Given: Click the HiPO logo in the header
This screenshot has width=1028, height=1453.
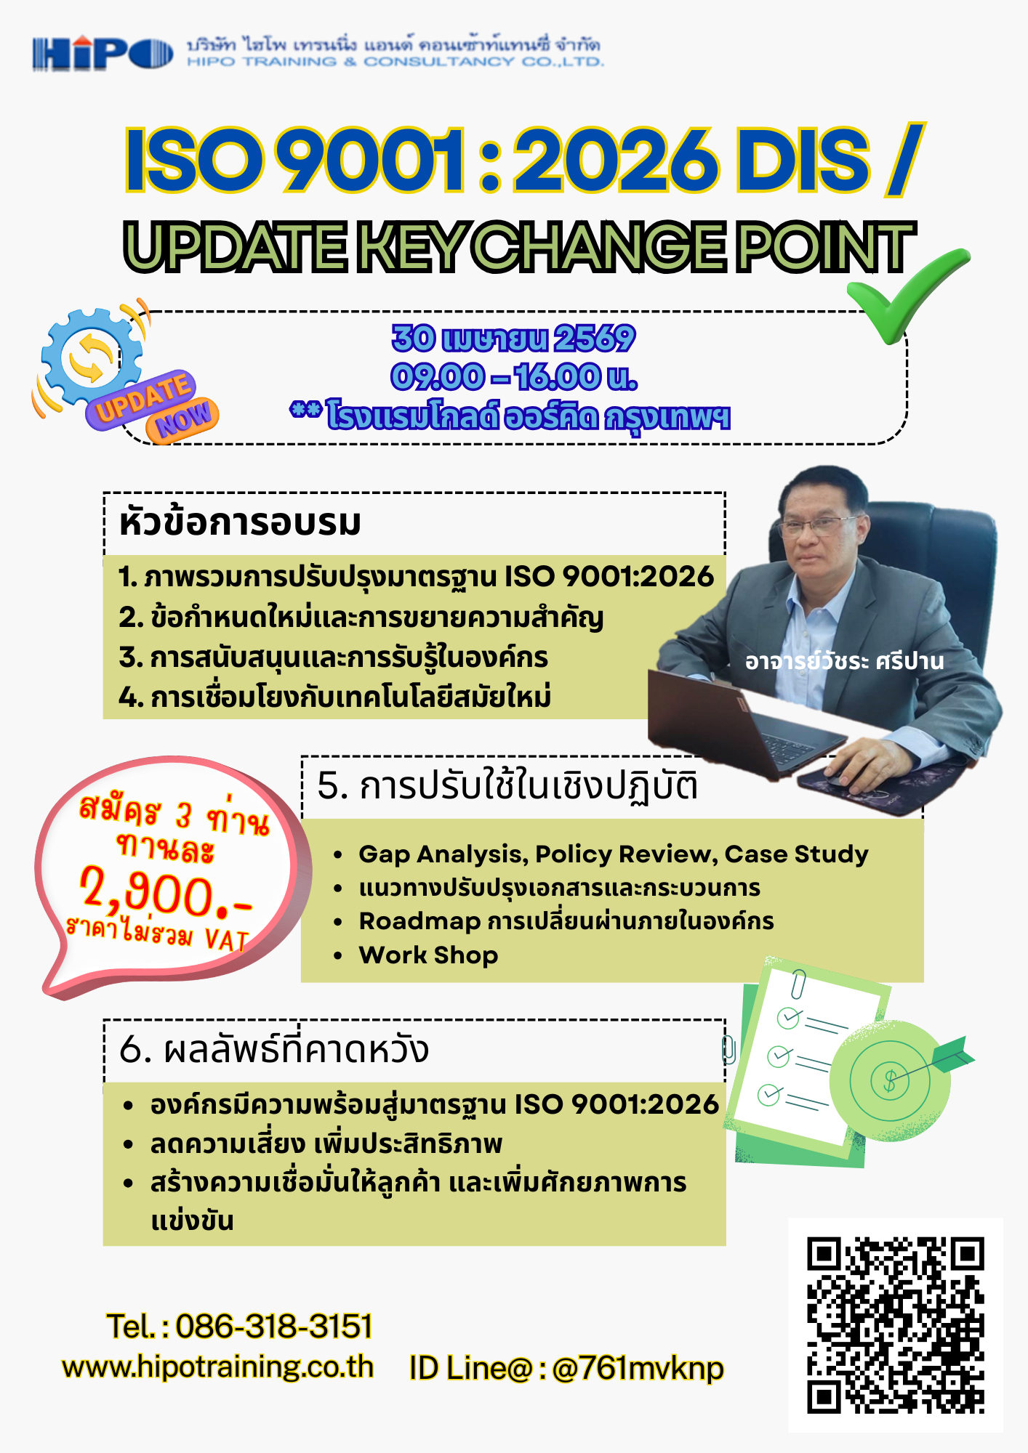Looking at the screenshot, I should click(103, 54).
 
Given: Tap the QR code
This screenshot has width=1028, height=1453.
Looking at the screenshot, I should click(895, 1325).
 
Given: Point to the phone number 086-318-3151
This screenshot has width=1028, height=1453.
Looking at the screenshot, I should click(273, 1327).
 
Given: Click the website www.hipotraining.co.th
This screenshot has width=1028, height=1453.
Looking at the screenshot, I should click(217, 1367).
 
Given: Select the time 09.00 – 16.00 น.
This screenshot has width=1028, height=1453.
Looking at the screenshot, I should click(513, 377).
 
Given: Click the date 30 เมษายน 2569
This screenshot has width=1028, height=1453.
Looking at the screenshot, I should click(513, 339).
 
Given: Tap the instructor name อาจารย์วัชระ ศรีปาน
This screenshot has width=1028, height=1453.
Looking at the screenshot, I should click(844, 661).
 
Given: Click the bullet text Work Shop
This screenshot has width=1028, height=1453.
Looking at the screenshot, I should click(428, 955).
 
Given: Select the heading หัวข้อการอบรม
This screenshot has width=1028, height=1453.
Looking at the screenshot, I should click(240, 523).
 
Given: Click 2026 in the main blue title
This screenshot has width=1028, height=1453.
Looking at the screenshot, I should click(615, 161).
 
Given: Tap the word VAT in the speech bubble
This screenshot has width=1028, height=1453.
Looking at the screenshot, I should click(227, 940).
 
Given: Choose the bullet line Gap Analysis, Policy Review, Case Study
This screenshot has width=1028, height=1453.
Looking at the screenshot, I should click(613, 854).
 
